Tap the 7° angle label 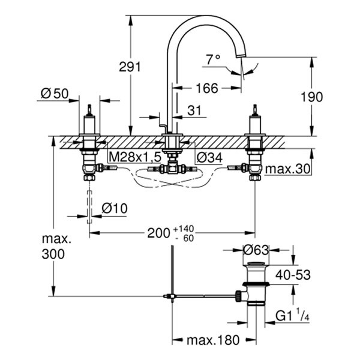tap(214, 59)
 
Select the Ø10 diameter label tap(113, 208)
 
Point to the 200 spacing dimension tap(158, 233)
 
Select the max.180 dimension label tap(212, 340)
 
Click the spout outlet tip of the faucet tap(241, 57)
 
